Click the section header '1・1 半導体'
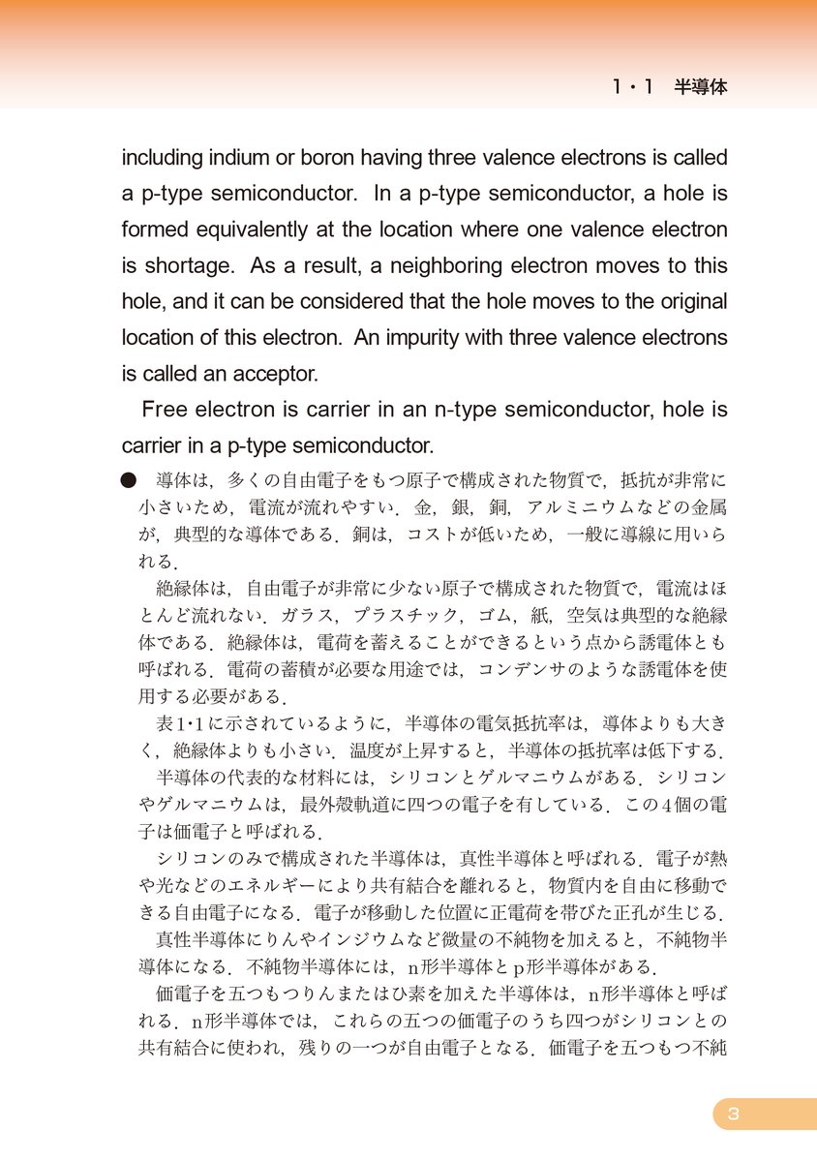click(669, 87)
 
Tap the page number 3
click(733, 1114)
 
